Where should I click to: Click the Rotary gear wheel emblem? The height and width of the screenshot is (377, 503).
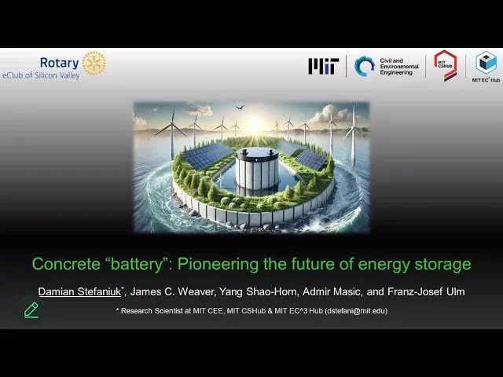click(x=94, y=63)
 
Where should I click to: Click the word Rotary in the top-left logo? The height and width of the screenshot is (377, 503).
click(x=60, y=63)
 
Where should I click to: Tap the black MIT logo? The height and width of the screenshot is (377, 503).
click(x=324, y=66)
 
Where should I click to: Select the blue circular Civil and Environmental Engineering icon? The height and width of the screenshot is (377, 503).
click(x=365, y=66)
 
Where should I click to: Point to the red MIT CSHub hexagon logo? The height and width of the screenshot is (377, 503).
click(x=446, y=65)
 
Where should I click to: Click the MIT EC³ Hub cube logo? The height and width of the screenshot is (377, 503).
click(x=486, y=63)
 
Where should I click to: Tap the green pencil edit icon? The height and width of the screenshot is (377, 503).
click(x=31, y=310)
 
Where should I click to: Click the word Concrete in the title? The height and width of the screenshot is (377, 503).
click(x=66, y=264)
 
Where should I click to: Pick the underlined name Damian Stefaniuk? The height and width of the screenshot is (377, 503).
click(x=79, y=291)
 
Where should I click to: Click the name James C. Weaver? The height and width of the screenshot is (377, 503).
click(x=172, y=291)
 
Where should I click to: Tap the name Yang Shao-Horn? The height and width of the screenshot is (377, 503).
click(x=259, y=291)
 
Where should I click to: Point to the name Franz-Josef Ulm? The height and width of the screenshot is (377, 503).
click(x=426, y=291)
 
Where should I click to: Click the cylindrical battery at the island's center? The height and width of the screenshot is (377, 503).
click(x=257, y=167)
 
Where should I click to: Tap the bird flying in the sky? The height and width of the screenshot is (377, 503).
click(x=240, y=107)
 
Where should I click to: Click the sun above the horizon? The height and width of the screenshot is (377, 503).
click(x=255, y=123)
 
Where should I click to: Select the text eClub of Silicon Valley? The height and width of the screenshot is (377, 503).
click(x=41, y=75)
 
